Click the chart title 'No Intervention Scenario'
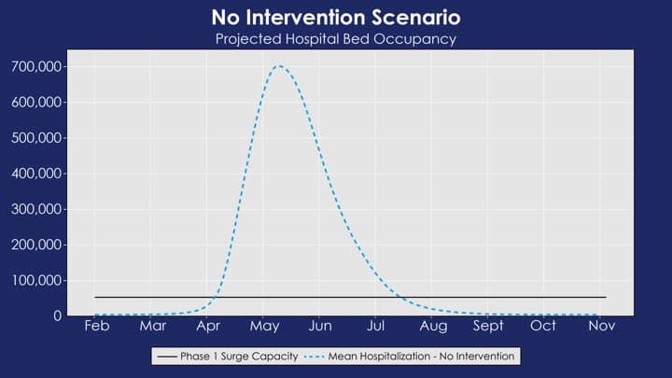point(335,18)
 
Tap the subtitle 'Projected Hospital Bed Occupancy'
point(335,39)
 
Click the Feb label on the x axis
point(96,326)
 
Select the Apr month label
point(208,326)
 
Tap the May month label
point(264,326)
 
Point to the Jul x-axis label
point(377,326)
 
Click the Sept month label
point(488,326)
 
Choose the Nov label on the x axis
point(601,326)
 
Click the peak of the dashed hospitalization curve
point(278,66)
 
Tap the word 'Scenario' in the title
point(412,18)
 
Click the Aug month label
point(433,326)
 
